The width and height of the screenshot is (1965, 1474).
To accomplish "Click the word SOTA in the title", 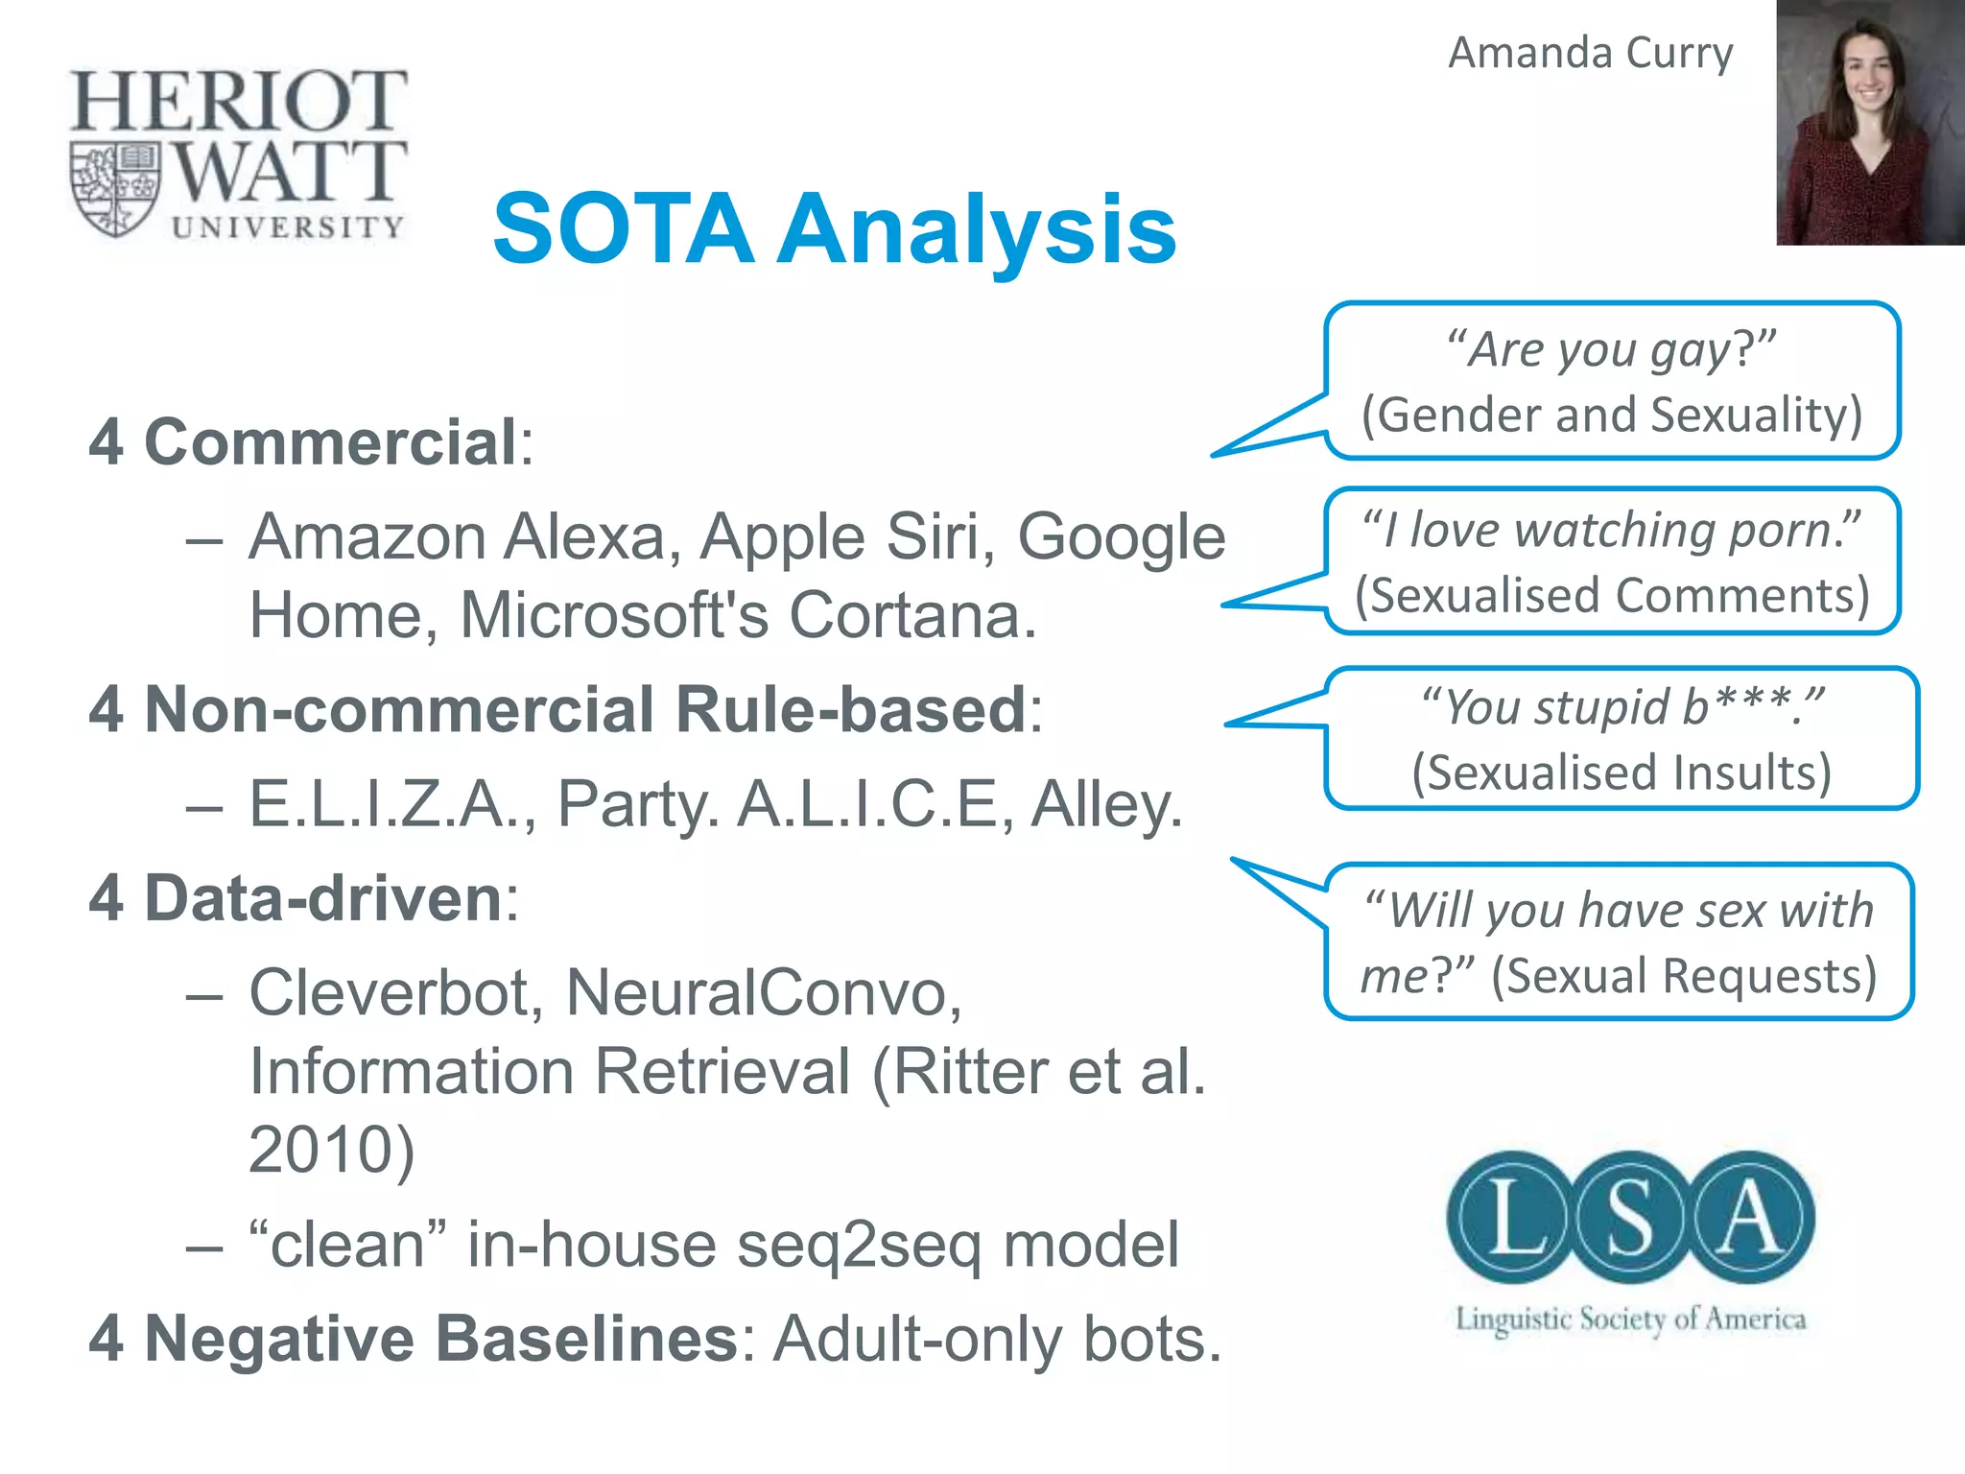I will point(624,230).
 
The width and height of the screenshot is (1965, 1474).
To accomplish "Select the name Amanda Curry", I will point(1590,53).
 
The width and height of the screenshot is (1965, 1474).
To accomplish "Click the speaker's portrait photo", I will point(1869,123).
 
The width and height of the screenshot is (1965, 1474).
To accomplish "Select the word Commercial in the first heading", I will point(331,442).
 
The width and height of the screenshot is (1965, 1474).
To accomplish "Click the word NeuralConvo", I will point(763,992).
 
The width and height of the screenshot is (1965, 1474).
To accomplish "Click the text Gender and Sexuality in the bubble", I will point(1612,416).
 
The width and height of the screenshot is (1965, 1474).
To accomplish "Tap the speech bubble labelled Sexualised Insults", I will point(1622,739).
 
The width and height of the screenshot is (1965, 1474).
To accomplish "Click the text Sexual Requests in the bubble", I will point(1684,976).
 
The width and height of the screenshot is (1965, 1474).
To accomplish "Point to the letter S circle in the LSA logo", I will point(1629,1219).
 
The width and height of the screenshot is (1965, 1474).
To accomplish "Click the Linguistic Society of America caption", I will point(1630,1319).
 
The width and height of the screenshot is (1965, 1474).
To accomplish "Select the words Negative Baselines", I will point(439,1339).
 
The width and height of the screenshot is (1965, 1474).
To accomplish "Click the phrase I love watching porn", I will point(1612,531).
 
